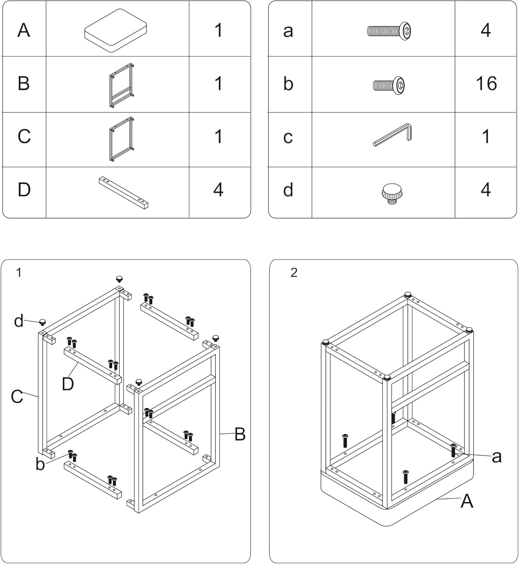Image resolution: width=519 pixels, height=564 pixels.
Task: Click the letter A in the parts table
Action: (24, 30)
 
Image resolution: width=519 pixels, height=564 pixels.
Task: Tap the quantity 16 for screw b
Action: (486, 83)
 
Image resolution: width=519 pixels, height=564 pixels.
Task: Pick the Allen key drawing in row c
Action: (393, 135)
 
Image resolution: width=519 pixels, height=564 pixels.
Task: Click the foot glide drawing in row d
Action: (392, 193)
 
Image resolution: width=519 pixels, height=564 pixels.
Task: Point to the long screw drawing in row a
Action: (389, 30)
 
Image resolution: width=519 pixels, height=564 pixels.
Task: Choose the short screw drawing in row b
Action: (389, 85)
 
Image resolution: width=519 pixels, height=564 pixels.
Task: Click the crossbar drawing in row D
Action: (124, 193)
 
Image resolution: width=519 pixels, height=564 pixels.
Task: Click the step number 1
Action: (19, 273)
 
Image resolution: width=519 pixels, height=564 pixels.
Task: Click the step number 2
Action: (294, 273)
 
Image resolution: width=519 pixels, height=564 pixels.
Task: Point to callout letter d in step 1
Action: (19, 321)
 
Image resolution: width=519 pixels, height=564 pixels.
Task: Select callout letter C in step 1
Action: (17, 397)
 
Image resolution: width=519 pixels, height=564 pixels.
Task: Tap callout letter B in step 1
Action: (240, 434)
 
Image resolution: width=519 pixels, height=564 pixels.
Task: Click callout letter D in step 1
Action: (68, 384)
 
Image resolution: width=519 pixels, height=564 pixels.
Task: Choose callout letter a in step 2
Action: (496, 457)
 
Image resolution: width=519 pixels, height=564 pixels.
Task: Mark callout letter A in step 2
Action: (467, 501)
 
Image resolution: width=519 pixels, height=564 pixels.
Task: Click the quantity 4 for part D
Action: (218, 190)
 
